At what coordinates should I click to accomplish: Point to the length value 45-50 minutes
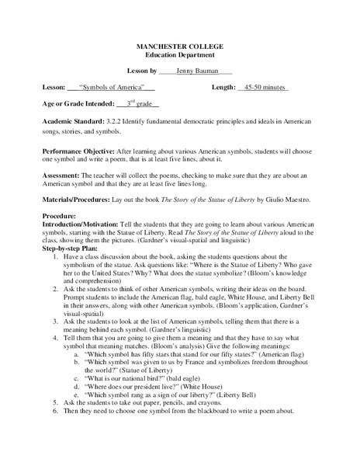(x=264, y=87)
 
